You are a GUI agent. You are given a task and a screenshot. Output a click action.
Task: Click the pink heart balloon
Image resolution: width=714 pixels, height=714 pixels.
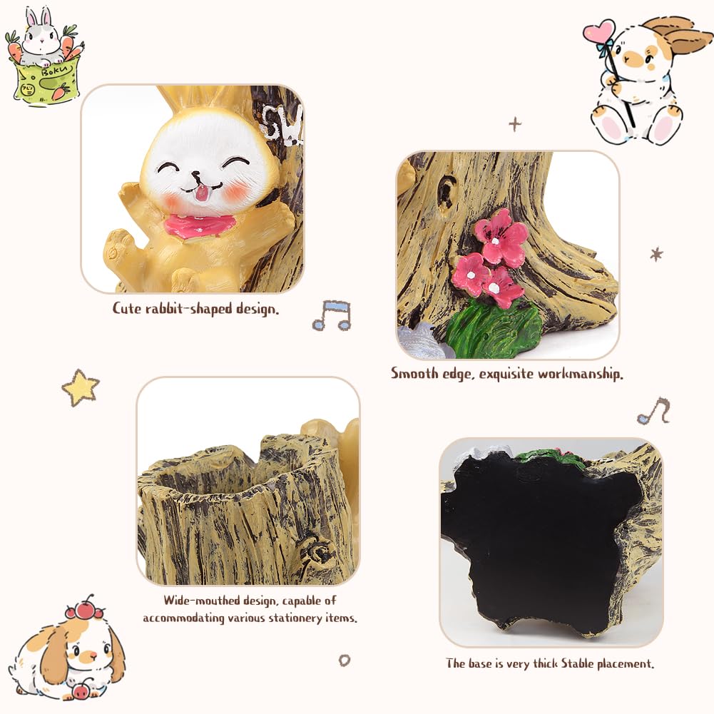coord(598,32)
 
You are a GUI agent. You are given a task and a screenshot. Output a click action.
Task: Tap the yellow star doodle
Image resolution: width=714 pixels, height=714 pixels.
coord(81,387)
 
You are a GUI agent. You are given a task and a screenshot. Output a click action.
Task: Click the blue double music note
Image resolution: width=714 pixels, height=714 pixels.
coord(332,315)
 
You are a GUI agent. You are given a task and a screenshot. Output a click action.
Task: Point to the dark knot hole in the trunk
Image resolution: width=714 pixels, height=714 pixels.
coord(445,191)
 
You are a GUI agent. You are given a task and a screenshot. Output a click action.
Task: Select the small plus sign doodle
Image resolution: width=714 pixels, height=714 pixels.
coord(515,124)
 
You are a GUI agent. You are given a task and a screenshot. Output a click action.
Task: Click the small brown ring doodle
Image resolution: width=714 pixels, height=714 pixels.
coord(345,661)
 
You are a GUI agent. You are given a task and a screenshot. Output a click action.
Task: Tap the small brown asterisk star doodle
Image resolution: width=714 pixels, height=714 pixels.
coord(656,254)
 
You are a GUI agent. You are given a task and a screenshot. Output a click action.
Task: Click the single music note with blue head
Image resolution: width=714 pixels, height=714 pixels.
coord(654,411)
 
